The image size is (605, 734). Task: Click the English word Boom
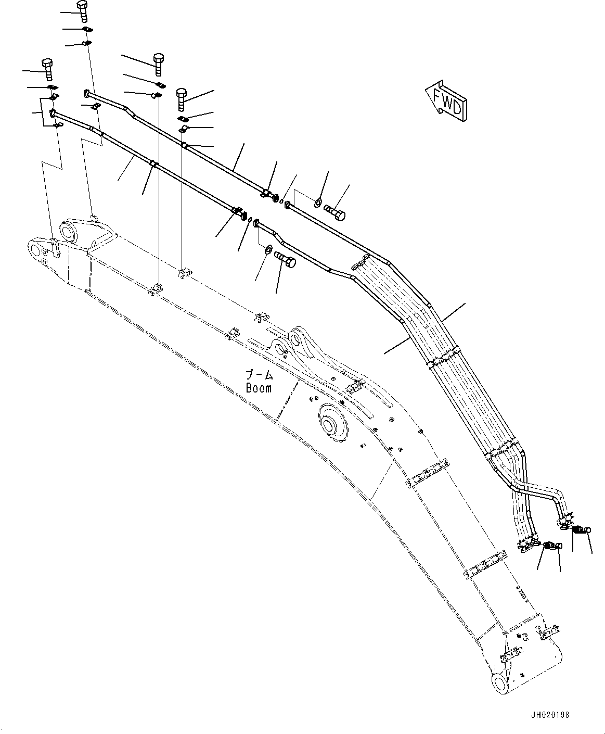point(259,388)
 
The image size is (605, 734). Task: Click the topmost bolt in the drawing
point(82,10)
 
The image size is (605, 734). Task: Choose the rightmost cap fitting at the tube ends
point(587,545)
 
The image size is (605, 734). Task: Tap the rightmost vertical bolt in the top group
point(182,99)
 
